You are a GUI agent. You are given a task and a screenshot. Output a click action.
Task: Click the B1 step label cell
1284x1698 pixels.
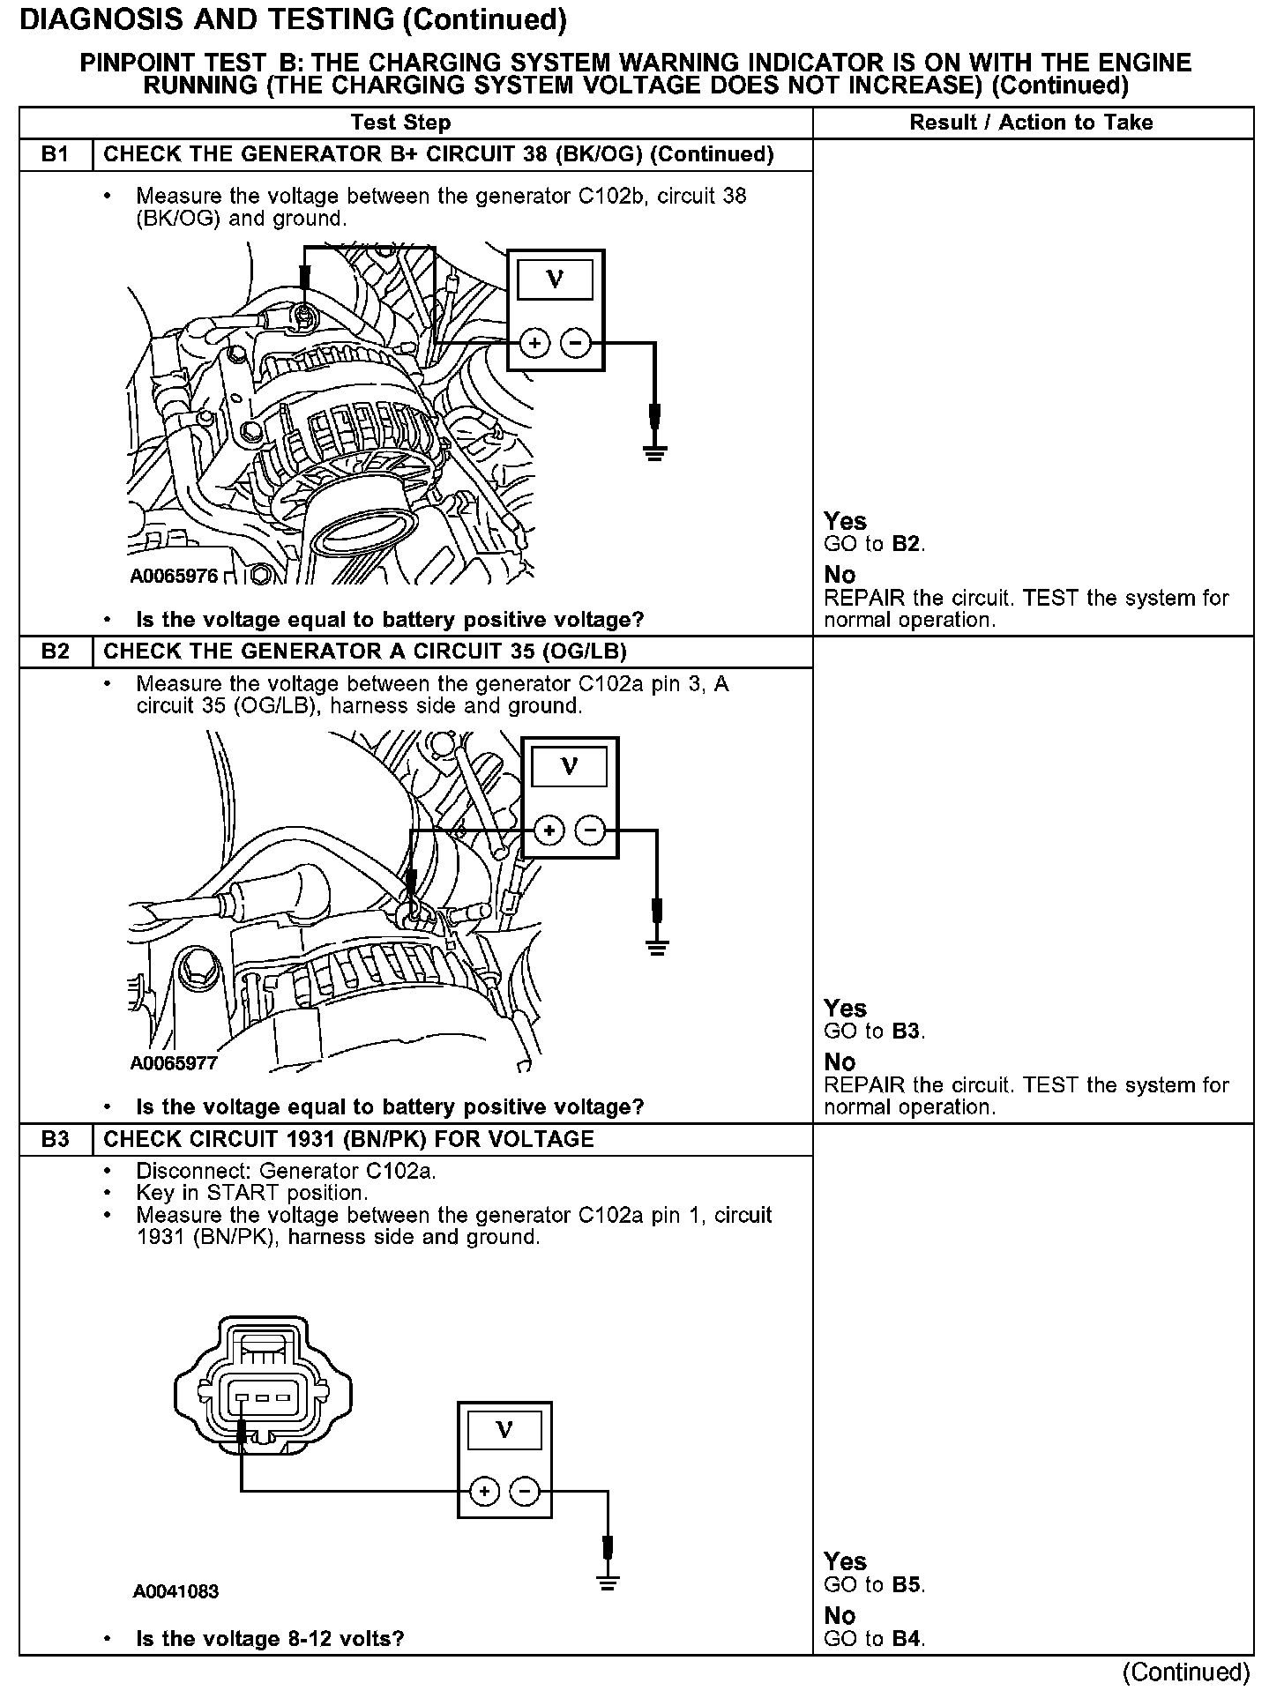pyautogui.click(x=55, y=155)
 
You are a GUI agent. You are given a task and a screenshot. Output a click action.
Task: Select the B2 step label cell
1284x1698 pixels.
pyautogui.click(x=55, y=652)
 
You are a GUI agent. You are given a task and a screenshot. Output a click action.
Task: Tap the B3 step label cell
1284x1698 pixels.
pyautogui.click(x=55, y=1139)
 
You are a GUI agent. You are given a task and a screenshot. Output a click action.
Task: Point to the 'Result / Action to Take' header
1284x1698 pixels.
pyautogui.click(x=1031, y=123)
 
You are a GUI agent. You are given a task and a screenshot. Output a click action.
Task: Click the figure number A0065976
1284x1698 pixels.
pyautogui.click(x=175, y=577)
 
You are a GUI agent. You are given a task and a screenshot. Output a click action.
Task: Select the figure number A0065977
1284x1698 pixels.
pyautogui.click(x=175, y=1063)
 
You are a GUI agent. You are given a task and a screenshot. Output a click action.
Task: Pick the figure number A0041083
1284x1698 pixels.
pyautogui.click(x=176, y=1591)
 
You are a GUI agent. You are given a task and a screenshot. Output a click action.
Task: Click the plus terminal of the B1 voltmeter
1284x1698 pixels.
pyautogui.click(x=534, y=342)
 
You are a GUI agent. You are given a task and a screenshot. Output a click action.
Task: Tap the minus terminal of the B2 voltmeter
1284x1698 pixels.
pyautogui.click(x=590, y=830)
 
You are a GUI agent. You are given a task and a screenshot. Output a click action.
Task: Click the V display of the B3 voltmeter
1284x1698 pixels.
pyautogui.click(x=504, y=1430)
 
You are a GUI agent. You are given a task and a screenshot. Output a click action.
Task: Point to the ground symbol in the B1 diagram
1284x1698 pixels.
pyautogui.click(x=654, y=452)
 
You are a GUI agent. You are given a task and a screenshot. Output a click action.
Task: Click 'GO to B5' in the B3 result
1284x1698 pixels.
pyautogui.click(x=874, y=1584)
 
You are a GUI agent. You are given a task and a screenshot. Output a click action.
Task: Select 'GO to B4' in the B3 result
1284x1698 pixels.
pyautogui.click(x=874, y=1639)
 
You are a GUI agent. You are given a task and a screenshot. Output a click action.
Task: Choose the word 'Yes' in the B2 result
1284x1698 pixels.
pyautogui.click(x=845, y=1009)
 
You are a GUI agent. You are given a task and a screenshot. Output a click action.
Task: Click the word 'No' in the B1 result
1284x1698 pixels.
pyautogui.click(x=840, y=575)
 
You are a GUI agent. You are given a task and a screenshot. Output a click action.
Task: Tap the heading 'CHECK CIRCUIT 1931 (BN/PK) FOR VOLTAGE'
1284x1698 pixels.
pyautogui.click(x=349, y=1139)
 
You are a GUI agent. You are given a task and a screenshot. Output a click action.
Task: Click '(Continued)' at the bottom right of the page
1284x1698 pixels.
pyautogui.click(x=1186, y=1672)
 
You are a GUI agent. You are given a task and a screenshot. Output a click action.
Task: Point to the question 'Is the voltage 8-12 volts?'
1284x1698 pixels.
pyautogui.click(x=270, y=1639)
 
